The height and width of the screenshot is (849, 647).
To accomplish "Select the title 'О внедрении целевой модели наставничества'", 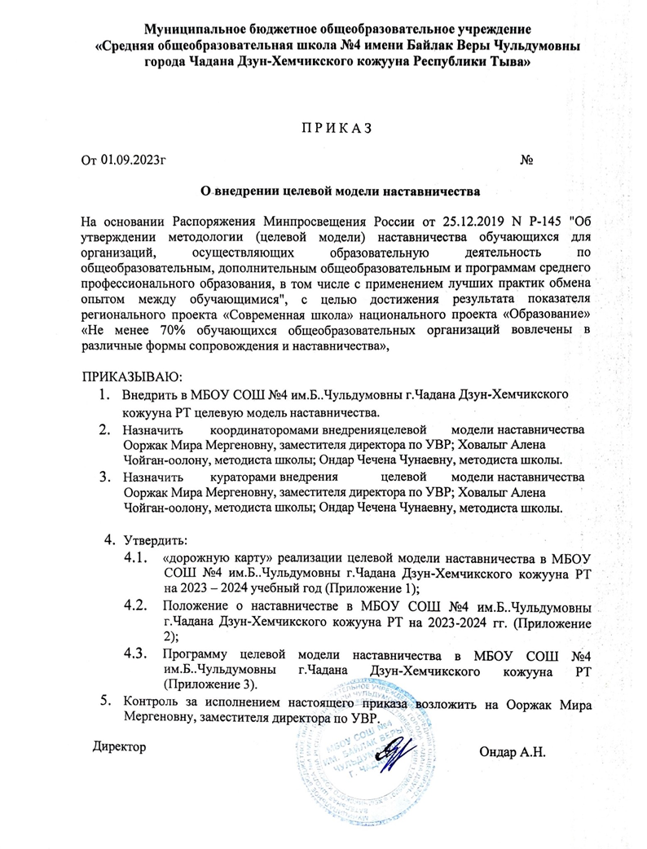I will tap(340, 191).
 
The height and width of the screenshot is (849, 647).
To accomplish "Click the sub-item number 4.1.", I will tap(135, 558).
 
